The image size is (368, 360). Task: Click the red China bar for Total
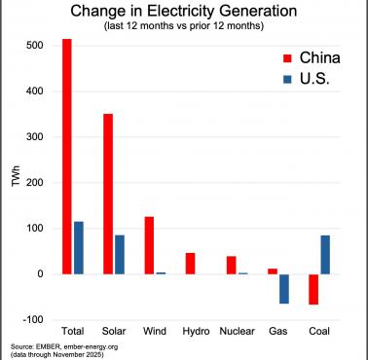[x=67, y=157]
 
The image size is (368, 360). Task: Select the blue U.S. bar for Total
[x=78, y=248]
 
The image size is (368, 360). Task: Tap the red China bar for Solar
[x=108, y=194]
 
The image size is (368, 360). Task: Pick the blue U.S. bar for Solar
[x=119, y=255]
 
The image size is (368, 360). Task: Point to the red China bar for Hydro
[x=190, y=264]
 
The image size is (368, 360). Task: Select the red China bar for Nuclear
[x=231, y=265]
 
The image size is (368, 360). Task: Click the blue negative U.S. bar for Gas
[x=283, y=289]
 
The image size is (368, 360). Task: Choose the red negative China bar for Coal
[x=313, y=289]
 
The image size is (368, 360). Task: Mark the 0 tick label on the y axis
[x=41, y=274]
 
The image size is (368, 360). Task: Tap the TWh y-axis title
[x=13, y=180]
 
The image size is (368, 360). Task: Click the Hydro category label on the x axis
[x=195, y=332]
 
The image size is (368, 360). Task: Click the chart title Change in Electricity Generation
[x=184, y=12]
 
